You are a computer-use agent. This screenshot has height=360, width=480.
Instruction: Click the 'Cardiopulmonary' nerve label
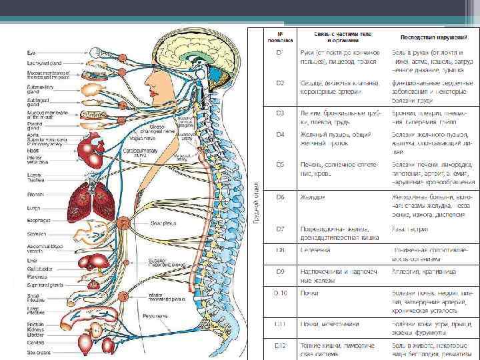point(139,152)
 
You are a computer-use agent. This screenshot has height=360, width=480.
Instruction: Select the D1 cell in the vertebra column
point(281,51)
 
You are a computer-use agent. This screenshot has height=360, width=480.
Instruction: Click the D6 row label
point(281,197)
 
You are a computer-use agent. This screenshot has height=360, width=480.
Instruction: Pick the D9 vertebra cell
point(281,271)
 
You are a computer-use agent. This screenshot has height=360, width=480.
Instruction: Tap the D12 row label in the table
point(281,345)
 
